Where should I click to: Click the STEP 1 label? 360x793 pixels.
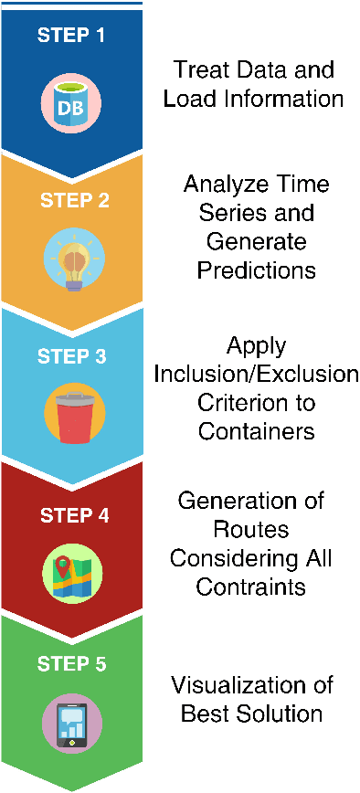(71, 37)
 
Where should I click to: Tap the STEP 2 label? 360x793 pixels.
(74, 199)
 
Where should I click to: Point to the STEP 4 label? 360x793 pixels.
(74, 515)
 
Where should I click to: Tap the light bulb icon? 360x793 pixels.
(74, 259)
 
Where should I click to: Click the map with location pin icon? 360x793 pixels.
(73, 574)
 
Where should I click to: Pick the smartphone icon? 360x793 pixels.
(72, 724)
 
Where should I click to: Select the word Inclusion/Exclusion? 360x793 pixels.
(256, 375)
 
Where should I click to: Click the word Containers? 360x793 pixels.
(256, 431)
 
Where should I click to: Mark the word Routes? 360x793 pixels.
(252, 530)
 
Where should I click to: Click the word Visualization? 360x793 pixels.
(252, 684)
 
